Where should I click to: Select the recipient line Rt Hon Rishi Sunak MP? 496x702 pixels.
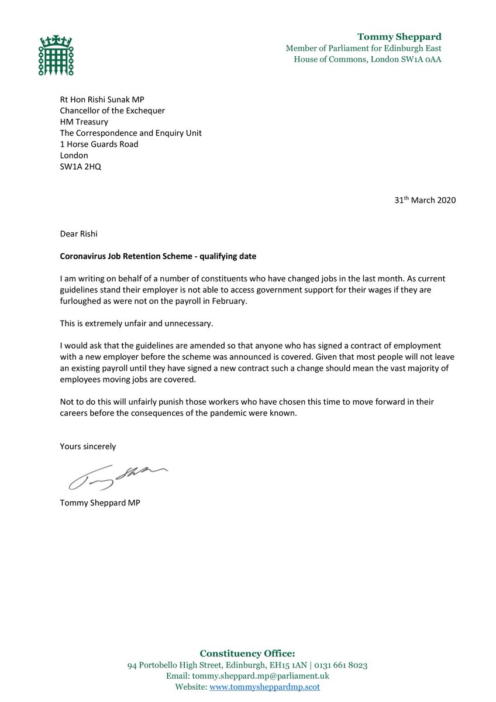point(105,99)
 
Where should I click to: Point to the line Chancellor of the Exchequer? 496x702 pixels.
point(112,111)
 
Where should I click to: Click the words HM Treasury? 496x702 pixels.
point(84,122)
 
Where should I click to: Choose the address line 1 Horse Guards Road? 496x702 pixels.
point(99,144)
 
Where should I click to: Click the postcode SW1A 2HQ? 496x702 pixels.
point(81,166)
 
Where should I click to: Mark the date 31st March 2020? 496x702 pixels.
point(425,200)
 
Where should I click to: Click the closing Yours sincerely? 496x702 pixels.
point(88,446)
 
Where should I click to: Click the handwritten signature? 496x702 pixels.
point(117,476)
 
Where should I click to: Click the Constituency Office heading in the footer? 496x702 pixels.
point(247,653)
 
